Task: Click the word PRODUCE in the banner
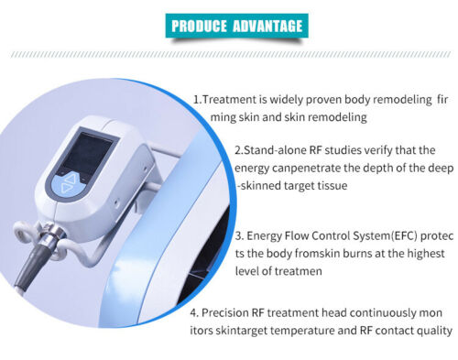click(x=199, y=26)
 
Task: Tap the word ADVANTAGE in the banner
click(x=267, y=26)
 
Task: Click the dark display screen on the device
click(x=89, y=152)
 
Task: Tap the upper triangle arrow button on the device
click(x=70, y=178)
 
